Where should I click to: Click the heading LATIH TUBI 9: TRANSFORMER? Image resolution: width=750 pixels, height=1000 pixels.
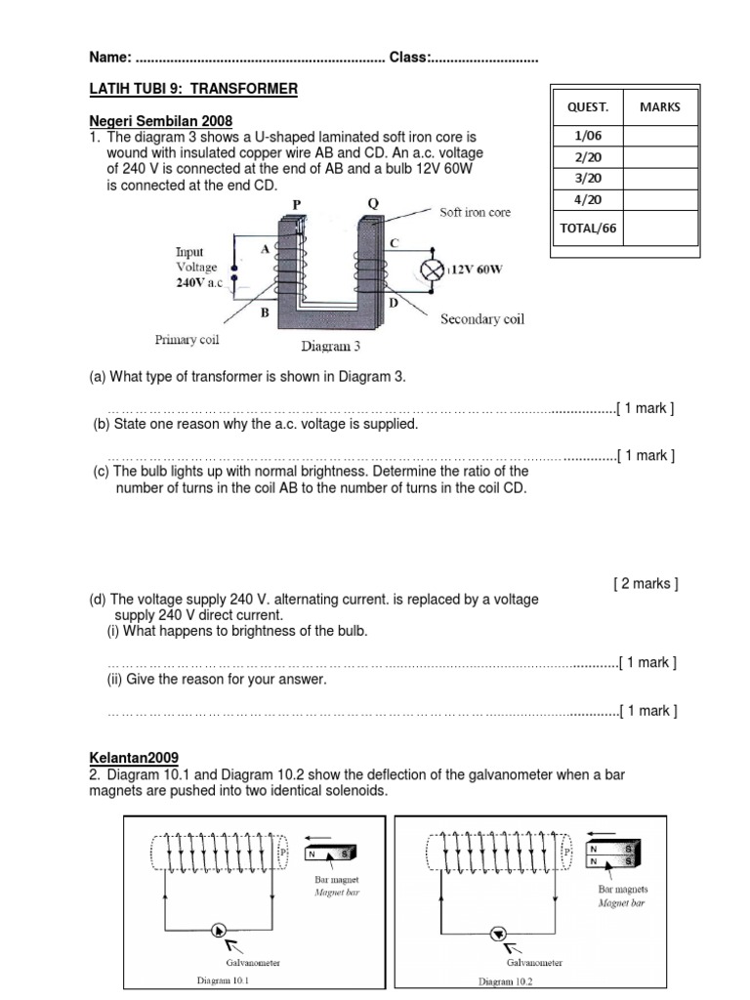pos(194,89)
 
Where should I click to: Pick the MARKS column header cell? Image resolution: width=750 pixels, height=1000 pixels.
pos(661,106)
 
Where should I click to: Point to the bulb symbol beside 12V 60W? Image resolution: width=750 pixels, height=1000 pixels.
pos(432,269)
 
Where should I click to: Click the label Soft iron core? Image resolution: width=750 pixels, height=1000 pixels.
pos(475,212)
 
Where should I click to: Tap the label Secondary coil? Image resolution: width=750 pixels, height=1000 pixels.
pos(481,319)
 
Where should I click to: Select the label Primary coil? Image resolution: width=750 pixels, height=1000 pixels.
pos(187,340)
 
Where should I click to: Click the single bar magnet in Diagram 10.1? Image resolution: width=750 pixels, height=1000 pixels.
pos(331,856)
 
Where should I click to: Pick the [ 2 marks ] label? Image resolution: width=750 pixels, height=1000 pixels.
pos(646,584)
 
